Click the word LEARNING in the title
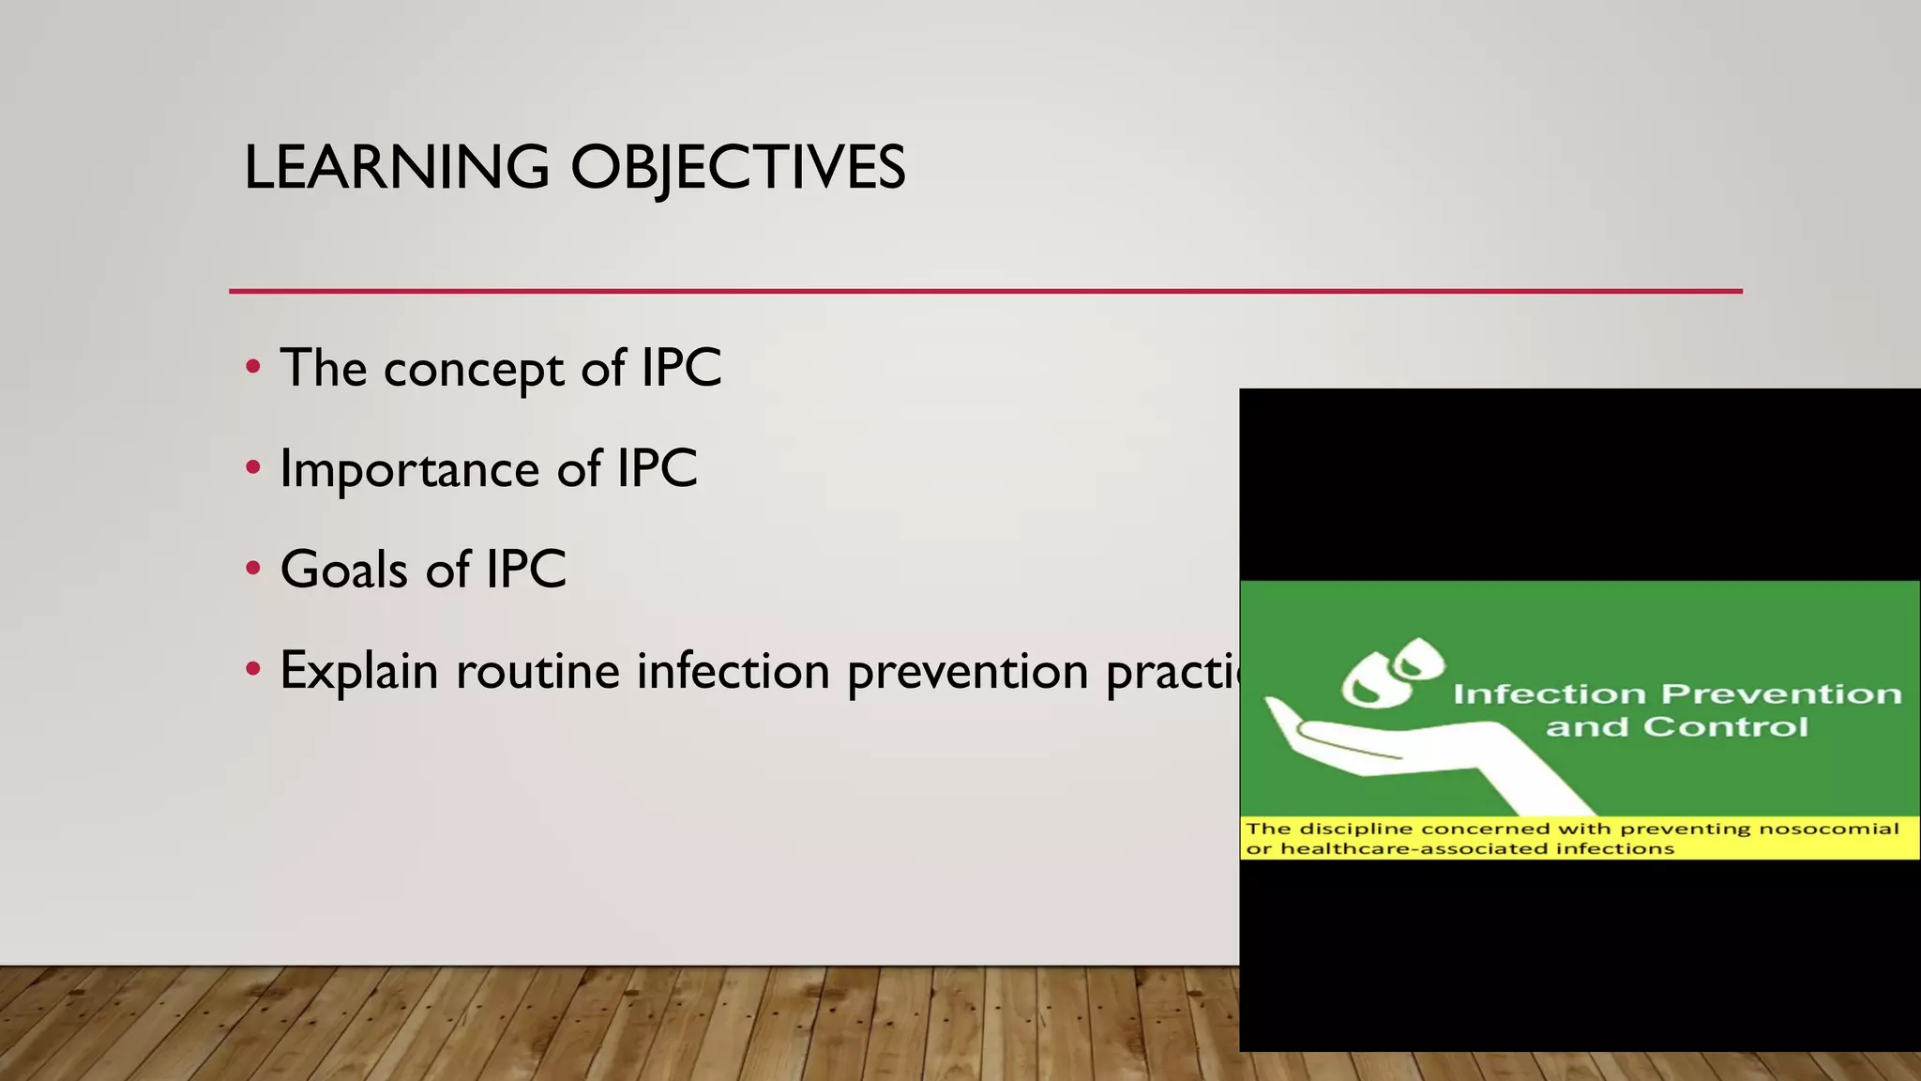[x=396, y=169]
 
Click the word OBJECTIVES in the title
[x=737, y=169]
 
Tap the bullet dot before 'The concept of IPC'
[x=252, y=367]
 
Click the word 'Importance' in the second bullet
[x=410, y=470]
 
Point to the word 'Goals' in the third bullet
[x=343, y=570]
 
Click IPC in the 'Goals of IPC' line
[x=525, y=570]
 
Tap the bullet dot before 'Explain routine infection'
[x=252, y=670]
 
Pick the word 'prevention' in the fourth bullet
[x=967, y=672]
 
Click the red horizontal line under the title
[x=985, y=291]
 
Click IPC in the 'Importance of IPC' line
[x=657, y=470]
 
